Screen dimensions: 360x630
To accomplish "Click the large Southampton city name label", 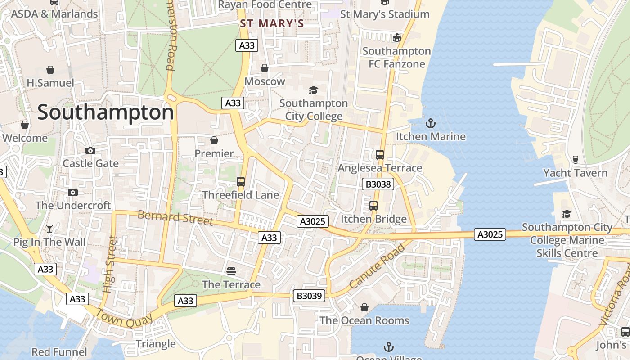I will pyautogui.click(x=105, y=112).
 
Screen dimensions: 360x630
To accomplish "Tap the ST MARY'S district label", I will pyautogui.click(x=272, y=23).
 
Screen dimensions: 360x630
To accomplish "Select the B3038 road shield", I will pyautogui.click(x=378, y=184).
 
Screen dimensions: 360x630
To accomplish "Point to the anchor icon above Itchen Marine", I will pyautogui.click(x=431, y=123).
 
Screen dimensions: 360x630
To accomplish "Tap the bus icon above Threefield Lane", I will pyautogui.click(x=241, y=182).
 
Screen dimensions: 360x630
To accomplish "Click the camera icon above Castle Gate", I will pyautogui.click(x=90, y=150).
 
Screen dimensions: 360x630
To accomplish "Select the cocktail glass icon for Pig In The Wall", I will pyautogui.click(x=49, y=229).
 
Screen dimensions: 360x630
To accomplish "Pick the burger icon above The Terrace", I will pyautogui.click(x=231, y=271).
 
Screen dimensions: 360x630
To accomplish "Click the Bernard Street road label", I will pyautogui.click(x=175, y=218).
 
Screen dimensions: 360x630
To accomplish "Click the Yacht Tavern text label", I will pyautogui.click(x=575, y=173).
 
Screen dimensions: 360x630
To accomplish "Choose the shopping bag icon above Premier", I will pyautogui.click(x=214, y=140).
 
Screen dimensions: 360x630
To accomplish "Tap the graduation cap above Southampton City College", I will pyautogui.click(x=313, y=90).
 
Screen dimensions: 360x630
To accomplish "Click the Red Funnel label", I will pyautogui.click(x=59, y=351).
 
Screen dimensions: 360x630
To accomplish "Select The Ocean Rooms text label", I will pyautogui.click(x=364, y=320).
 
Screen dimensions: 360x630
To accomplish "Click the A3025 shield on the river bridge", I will pyautogui.click(x=490, y=234).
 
